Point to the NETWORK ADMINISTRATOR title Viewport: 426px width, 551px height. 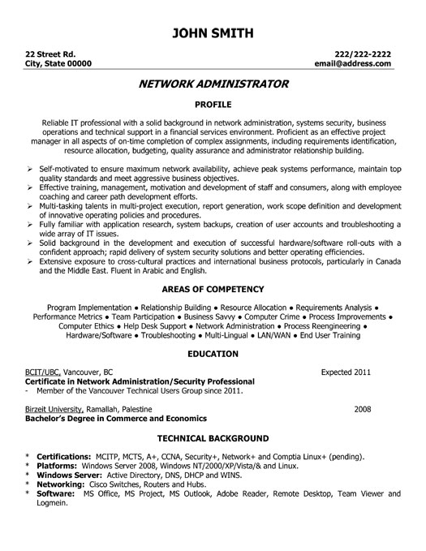coord(213,84)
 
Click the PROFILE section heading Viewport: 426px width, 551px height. coord(213,105)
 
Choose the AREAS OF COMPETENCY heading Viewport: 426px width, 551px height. coord(213,289)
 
